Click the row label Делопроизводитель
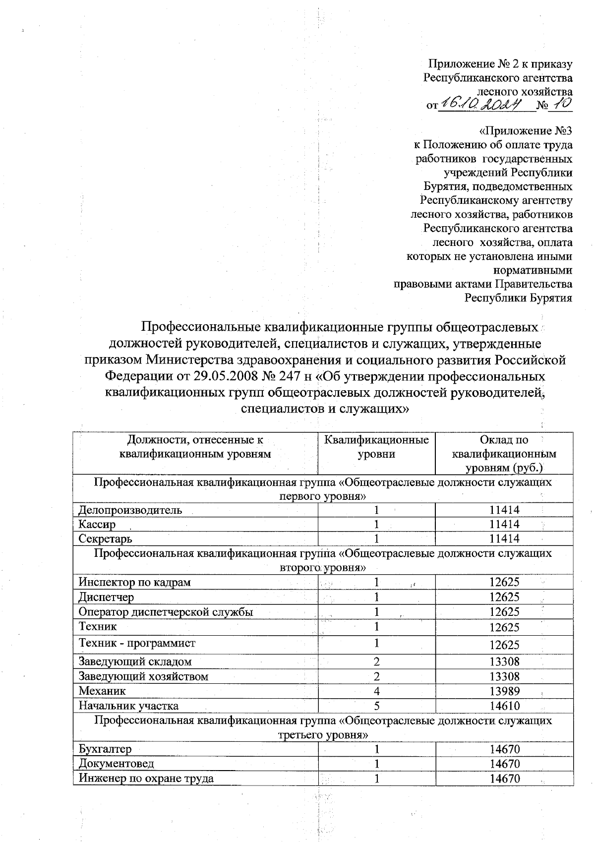click(x=130, y=510)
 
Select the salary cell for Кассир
click(x=504, y=524)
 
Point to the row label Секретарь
click(x=105, y=539)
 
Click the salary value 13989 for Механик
click(x=504, y=691)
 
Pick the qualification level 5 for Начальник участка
click(x=377, y=706)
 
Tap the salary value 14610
click(x=504, y=706)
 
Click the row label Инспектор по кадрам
click(x=134, y=582)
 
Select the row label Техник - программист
click(x=137, y=643)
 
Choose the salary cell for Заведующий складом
click(x=504, y=662)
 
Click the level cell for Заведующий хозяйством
click(x=377, y=676)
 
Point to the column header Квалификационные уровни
click(x=376, y=447)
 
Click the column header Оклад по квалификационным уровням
click(x=504, y=454)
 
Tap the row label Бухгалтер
click(x=105, y=749)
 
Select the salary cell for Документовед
click(x=504, y=764)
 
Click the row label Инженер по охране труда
click(x=146, y=779)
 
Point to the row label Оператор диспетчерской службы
click(x=166, y=612)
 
